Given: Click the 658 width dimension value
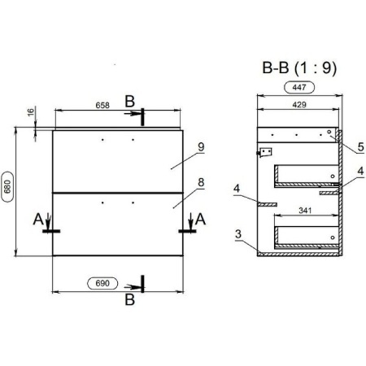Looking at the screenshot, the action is coord(102,105).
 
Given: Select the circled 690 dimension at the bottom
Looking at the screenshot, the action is coord(102,283).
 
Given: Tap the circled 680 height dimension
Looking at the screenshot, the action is coord(7,187).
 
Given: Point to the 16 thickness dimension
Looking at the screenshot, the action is coord(31,111).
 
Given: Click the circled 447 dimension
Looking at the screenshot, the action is coord(299,87).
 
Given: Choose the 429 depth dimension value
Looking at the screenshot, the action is coord(299,105).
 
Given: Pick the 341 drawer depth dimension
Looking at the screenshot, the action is coord(305,211).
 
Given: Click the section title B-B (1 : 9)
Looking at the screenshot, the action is coord(299,68).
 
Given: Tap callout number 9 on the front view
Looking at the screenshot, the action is coord(201,147).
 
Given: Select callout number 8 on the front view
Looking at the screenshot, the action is coord(201,182).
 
